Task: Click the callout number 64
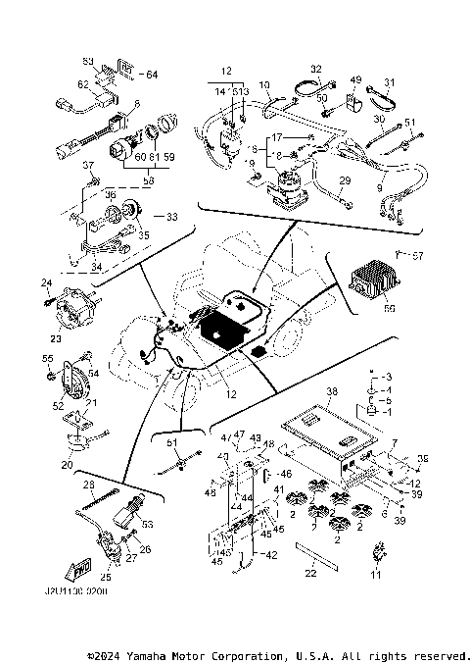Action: pos(151,74)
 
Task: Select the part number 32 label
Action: pos(316,68)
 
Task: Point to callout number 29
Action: pos(345,181)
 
